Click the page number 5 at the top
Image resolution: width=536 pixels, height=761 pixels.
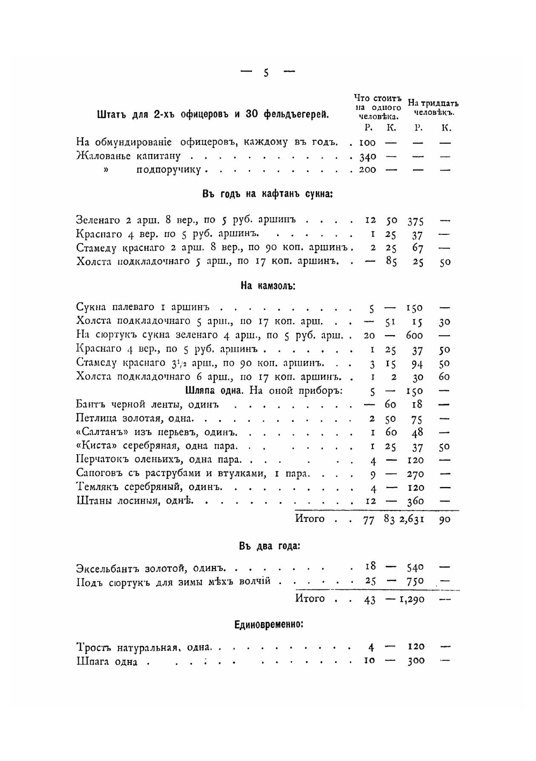[266, 73]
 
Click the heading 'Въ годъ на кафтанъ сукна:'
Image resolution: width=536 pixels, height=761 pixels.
[268, 194]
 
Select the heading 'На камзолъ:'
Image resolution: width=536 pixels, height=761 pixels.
[268, 286]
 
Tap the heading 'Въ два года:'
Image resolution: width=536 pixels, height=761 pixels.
[270, 546]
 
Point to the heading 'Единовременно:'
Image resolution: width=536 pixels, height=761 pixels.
[269, 625]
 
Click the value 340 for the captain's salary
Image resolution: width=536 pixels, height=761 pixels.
[368, 157]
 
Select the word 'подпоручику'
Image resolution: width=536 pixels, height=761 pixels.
[169, 170]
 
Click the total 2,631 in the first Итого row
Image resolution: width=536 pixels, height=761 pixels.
[412, 520]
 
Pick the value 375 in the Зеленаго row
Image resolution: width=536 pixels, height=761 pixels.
[416, 221]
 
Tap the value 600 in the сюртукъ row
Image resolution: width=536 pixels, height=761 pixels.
[414, 336]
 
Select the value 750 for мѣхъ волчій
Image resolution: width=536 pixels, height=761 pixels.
[415, 581]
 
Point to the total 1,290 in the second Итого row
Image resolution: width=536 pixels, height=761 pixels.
[412, 600]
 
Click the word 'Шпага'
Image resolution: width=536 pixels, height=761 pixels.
[93, 662]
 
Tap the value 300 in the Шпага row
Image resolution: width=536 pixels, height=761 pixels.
[416, 661]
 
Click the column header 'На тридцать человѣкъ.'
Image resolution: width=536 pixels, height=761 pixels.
[433, 108]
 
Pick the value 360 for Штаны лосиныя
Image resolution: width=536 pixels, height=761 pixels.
[415, 501]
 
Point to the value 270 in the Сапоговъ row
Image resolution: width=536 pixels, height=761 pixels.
[415, 474]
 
